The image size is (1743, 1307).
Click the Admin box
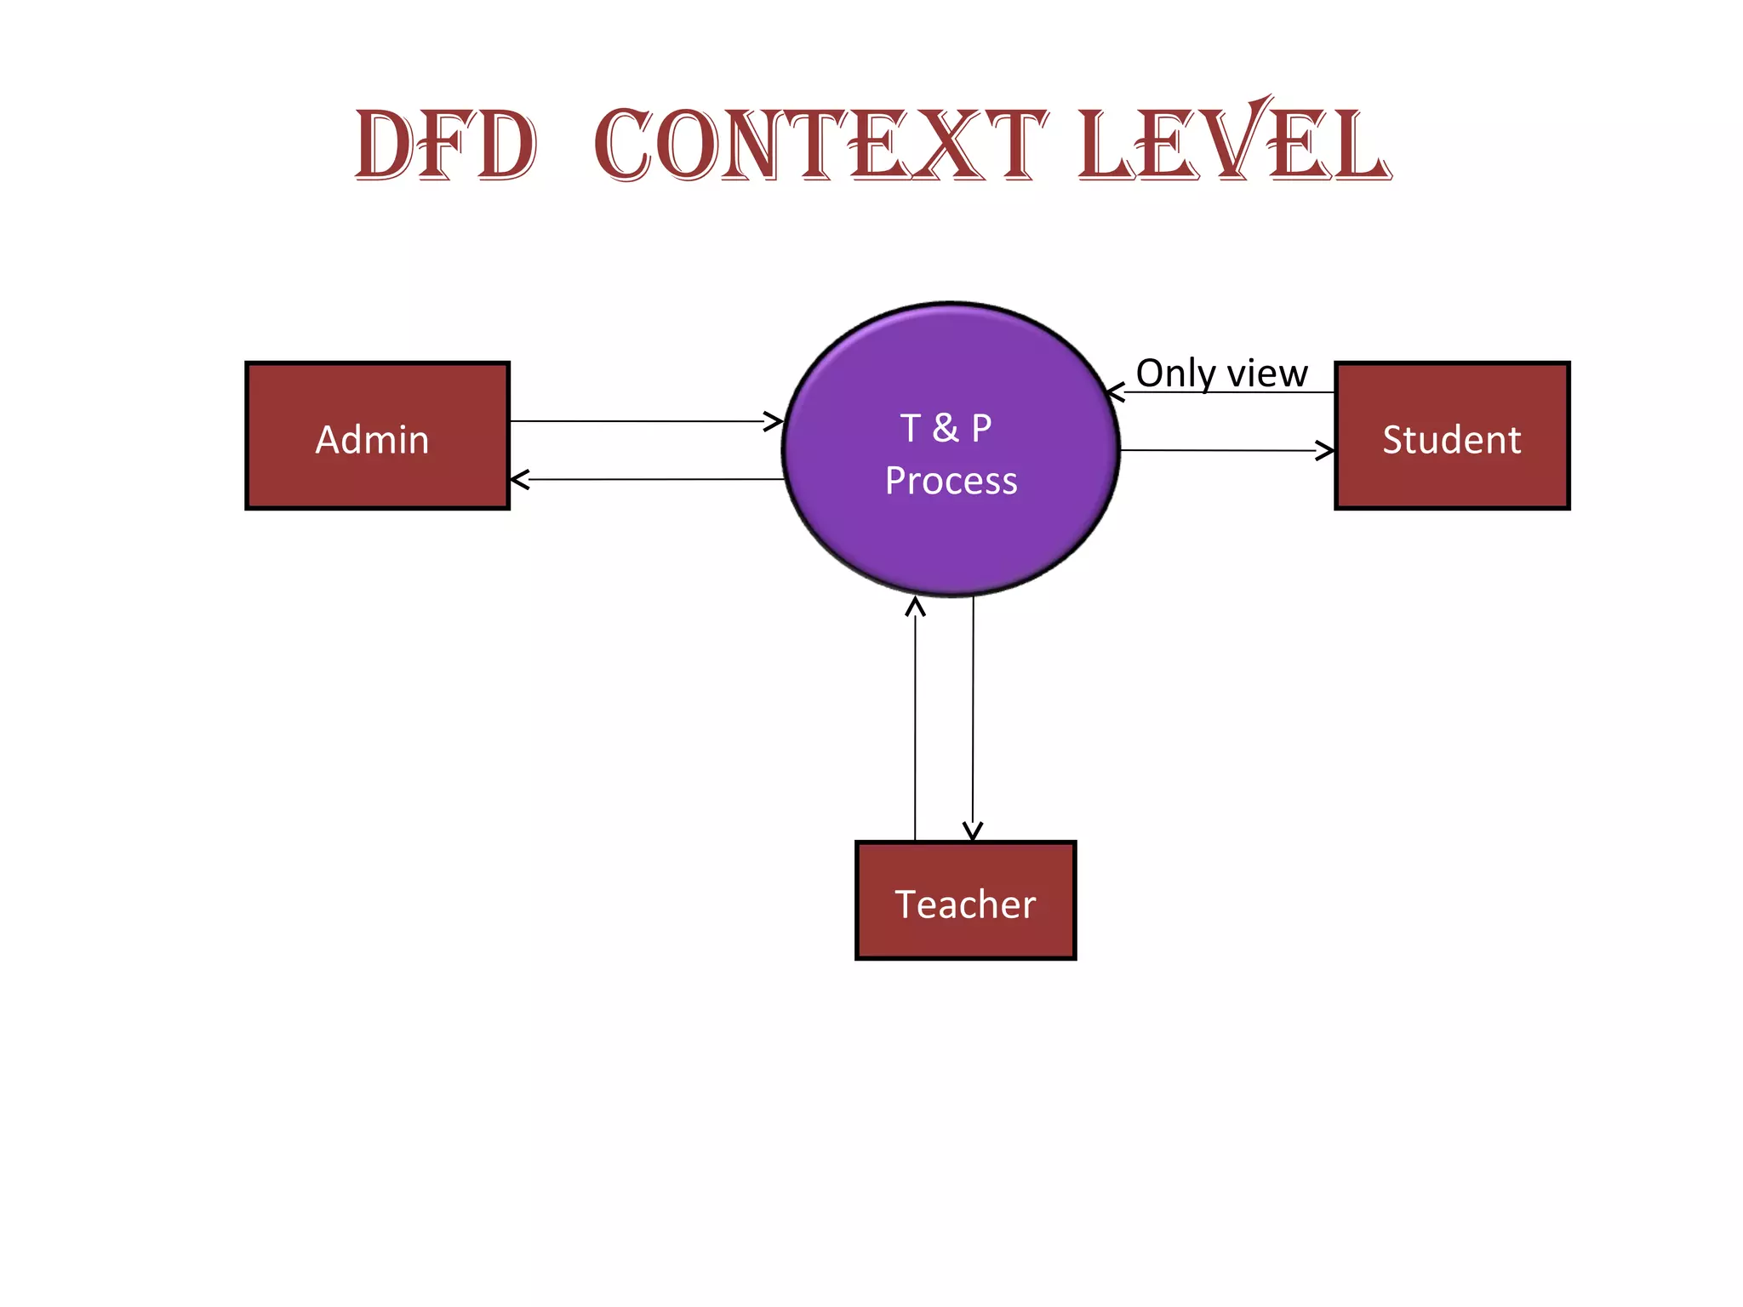pos(377,436)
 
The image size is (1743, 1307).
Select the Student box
pos(1452,436)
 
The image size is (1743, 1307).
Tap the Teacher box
pos(965,900)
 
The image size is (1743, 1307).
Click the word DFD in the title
pos(446,146)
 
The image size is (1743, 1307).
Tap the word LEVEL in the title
pos(1234,146)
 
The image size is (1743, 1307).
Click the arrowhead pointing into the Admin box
pos(518,480)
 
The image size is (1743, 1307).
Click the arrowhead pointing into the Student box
pos(1326,450)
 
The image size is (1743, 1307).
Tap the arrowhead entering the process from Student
pos(1115,392)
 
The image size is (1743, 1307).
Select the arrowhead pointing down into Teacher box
pos(973,831)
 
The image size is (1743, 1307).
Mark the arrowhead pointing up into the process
pos(915,606)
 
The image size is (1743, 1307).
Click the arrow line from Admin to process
pos(638,421)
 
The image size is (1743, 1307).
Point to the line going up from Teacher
pos(915,723)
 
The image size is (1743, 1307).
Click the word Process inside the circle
pos(951,482)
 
